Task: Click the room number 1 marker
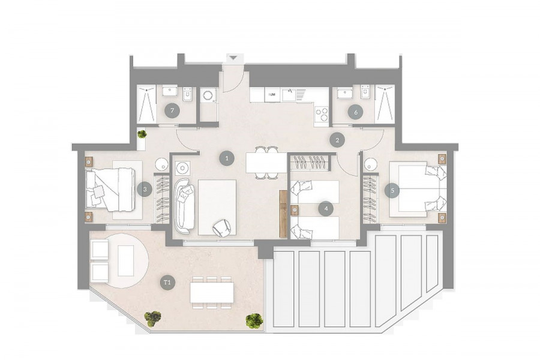pos(227,158)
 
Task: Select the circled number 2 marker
pos(337,140)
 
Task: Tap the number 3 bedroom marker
pos(145,189)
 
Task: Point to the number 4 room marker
pos(326,208)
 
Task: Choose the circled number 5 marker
pos(392,190)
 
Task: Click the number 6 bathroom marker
pos(356,112)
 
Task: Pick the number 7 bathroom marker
pos(172,110)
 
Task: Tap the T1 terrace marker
pos(167,283)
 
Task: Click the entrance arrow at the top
pos(233,58)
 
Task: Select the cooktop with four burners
pos(322,114)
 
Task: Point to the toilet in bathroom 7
pos(188,94)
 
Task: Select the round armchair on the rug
pos(221,228)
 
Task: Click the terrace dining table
pos(212,292)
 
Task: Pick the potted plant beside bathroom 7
pos(142,134)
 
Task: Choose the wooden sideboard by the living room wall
pos(283,214)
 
